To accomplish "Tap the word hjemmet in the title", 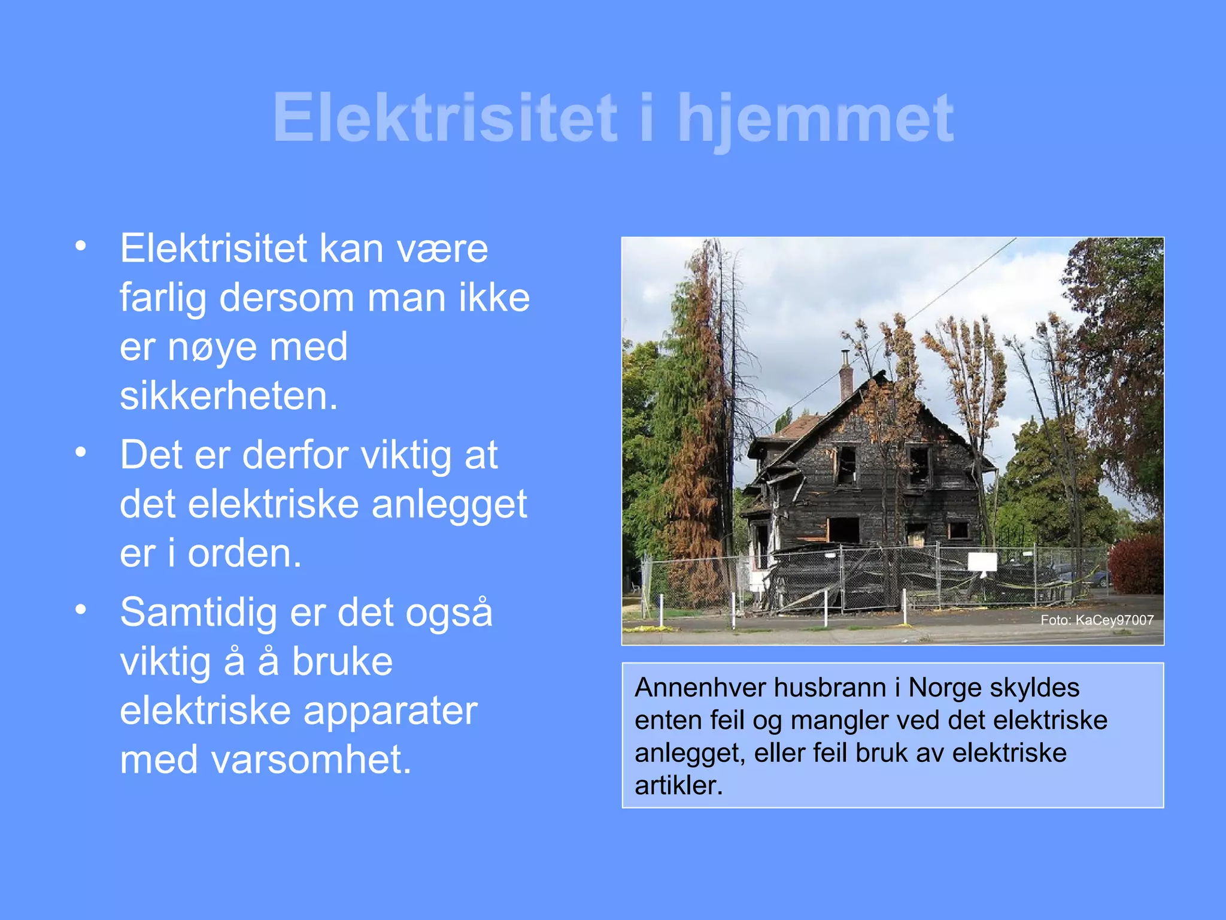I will click(x=815, y=118).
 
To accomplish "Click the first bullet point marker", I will click(x=81, y=246).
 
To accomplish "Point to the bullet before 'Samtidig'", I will click(x=81, y=610).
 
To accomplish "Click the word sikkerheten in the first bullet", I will click(x=229, y=396).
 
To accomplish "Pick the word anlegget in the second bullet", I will click(x=449, y=504).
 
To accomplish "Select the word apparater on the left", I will click(x=390, y=711).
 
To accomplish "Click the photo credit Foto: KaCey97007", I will click(x=1097, y=620).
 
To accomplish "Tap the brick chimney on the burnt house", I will click(x=846, y=381).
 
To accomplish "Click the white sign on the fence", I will click(x=982, y=562).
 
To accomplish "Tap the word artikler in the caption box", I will click(x=678, y=786).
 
